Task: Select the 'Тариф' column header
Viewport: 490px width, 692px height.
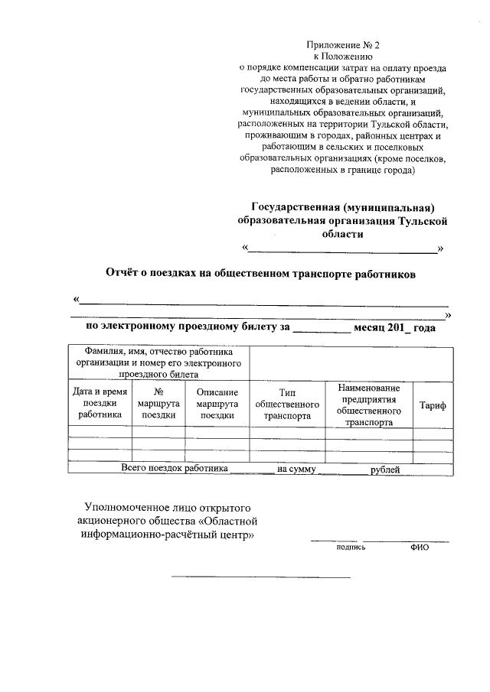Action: [433, 405]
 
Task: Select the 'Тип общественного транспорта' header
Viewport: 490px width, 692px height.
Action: [287, 404]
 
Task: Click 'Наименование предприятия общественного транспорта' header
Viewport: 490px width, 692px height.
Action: [369, 404]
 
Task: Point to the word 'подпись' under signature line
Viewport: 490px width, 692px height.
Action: [351, 547]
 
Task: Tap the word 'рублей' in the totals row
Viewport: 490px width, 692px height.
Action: [384, 468]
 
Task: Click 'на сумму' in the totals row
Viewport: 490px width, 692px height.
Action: [297, 468]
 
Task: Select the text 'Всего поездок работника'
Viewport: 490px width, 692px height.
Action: [175, 468]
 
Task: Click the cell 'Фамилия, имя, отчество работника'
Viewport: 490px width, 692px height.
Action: [159, 352]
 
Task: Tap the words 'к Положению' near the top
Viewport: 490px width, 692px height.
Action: [342, 56]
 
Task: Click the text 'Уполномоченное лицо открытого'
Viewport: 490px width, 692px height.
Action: [168, 507]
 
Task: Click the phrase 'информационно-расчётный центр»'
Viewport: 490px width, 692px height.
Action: [168, 534]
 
